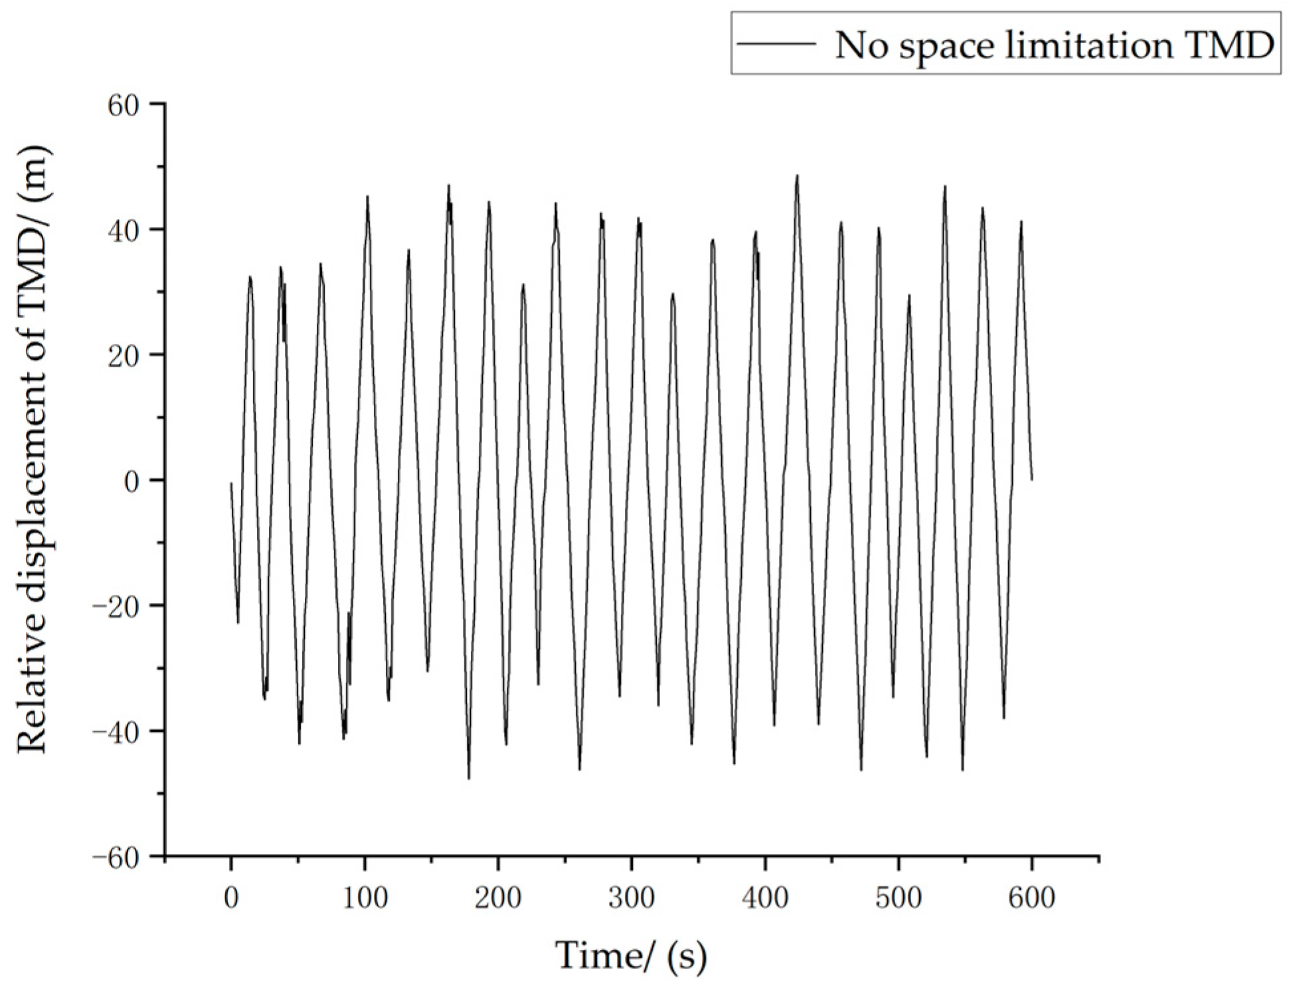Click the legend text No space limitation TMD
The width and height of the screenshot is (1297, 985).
1054,45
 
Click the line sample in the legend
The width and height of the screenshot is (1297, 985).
777,44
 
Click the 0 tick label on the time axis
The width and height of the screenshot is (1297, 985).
231,898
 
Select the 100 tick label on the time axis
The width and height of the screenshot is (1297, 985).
365,898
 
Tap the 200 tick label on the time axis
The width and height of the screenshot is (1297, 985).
498,898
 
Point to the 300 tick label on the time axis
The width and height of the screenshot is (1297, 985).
632,898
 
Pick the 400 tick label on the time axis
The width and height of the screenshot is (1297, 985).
765,898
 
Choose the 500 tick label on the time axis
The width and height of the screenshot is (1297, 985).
899,898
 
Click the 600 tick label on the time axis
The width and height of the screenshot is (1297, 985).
1032,898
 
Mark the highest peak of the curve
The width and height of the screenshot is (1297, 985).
797,176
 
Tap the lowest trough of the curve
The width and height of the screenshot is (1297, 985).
469,778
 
